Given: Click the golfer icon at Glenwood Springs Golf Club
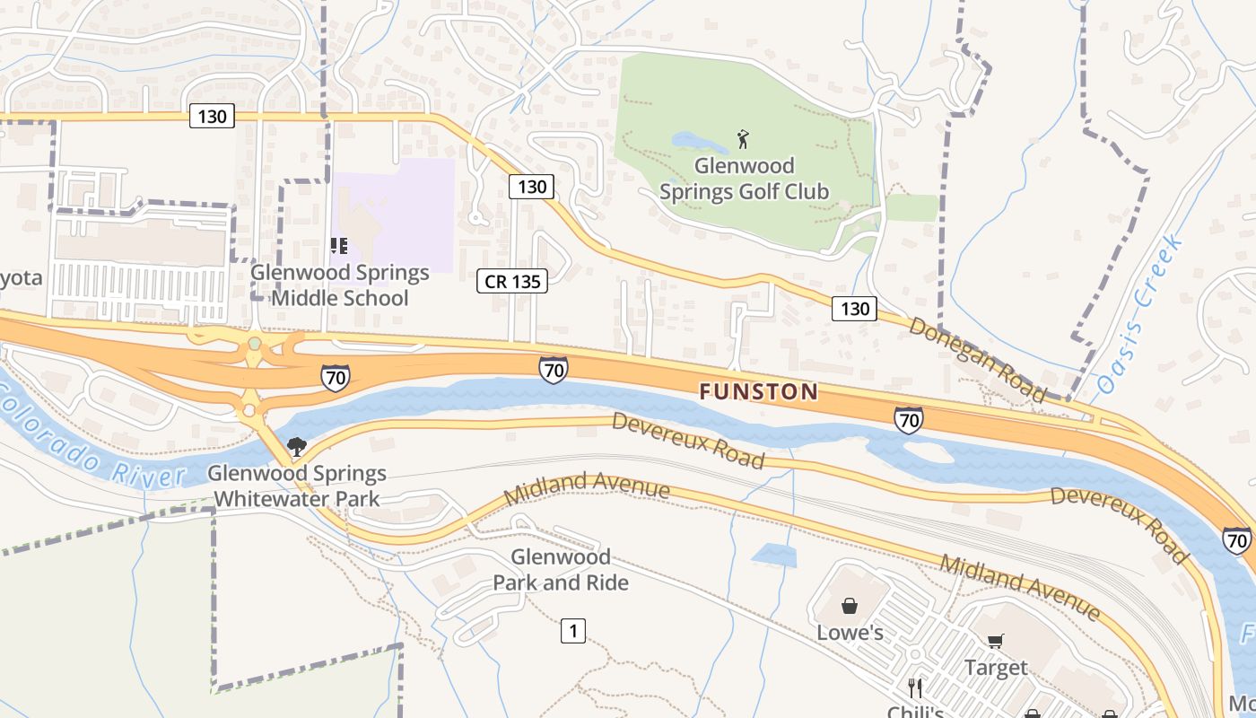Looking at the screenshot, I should [743, 139].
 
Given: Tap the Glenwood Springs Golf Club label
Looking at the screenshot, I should [744, 179].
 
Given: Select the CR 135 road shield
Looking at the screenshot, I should [512, 281].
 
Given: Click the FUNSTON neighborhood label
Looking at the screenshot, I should [758, 391].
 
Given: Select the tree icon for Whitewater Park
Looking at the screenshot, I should [295, 446].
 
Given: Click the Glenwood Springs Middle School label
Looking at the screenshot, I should [340, 285].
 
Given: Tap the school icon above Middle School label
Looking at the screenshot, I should [338, 245].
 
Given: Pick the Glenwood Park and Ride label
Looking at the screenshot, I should [561, 570].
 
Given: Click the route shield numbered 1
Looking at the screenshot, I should [573, 631].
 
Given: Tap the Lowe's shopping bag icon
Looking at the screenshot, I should [849, 606].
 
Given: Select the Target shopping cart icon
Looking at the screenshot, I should [995, 641].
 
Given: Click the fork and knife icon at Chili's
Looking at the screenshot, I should [914, 688].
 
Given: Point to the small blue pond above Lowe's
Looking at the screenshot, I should [774, 556].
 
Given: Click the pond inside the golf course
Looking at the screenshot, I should [699, 142].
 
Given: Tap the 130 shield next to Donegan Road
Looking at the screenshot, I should [854, 309].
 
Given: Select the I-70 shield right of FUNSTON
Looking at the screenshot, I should [908, 418].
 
